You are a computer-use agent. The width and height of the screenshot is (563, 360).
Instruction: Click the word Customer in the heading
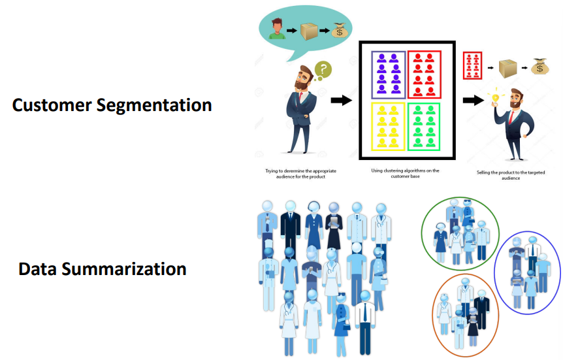pos(52,105)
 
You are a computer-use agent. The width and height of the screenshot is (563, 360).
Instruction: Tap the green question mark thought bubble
pos(323,69)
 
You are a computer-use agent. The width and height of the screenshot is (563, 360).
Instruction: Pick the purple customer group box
pos(389,74)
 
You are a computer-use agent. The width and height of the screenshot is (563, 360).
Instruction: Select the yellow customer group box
pos(388,127)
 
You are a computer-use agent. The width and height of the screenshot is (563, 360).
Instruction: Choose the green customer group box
pos(424,127)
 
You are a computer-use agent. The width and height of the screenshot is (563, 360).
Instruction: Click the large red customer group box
pos(424,74)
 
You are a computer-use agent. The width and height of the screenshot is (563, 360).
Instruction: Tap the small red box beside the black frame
pos(472,65)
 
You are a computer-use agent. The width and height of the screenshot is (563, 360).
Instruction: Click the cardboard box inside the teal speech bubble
pos(309,31)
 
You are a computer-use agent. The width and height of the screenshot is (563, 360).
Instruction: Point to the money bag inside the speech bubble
pos(340,31)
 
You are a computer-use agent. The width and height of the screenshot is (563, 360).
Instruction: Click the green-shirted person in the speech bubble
pos(277,29)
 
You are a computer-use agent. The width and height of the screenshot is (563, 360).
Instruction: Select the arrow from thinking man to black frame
pos(341,100)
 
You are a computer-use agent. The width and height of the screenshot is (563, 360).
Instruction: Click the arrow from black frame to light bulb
pos(474,100)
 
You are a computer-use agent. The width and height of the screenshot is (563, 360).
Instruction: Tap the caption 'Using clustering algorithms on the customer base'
pos(405,173)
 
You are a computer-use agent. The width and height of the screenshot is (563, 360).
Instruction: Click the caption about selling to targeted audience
pos(511,175)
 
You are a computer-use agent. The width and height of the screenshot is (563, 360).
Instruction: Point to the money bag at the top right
pos(539,66)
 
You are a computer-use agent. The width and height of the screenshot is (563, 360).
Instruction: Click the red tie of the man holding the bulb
pos(511,117)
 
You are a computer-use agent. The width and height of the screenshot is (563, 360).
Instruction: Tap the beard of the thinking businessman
pos(302,85)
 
